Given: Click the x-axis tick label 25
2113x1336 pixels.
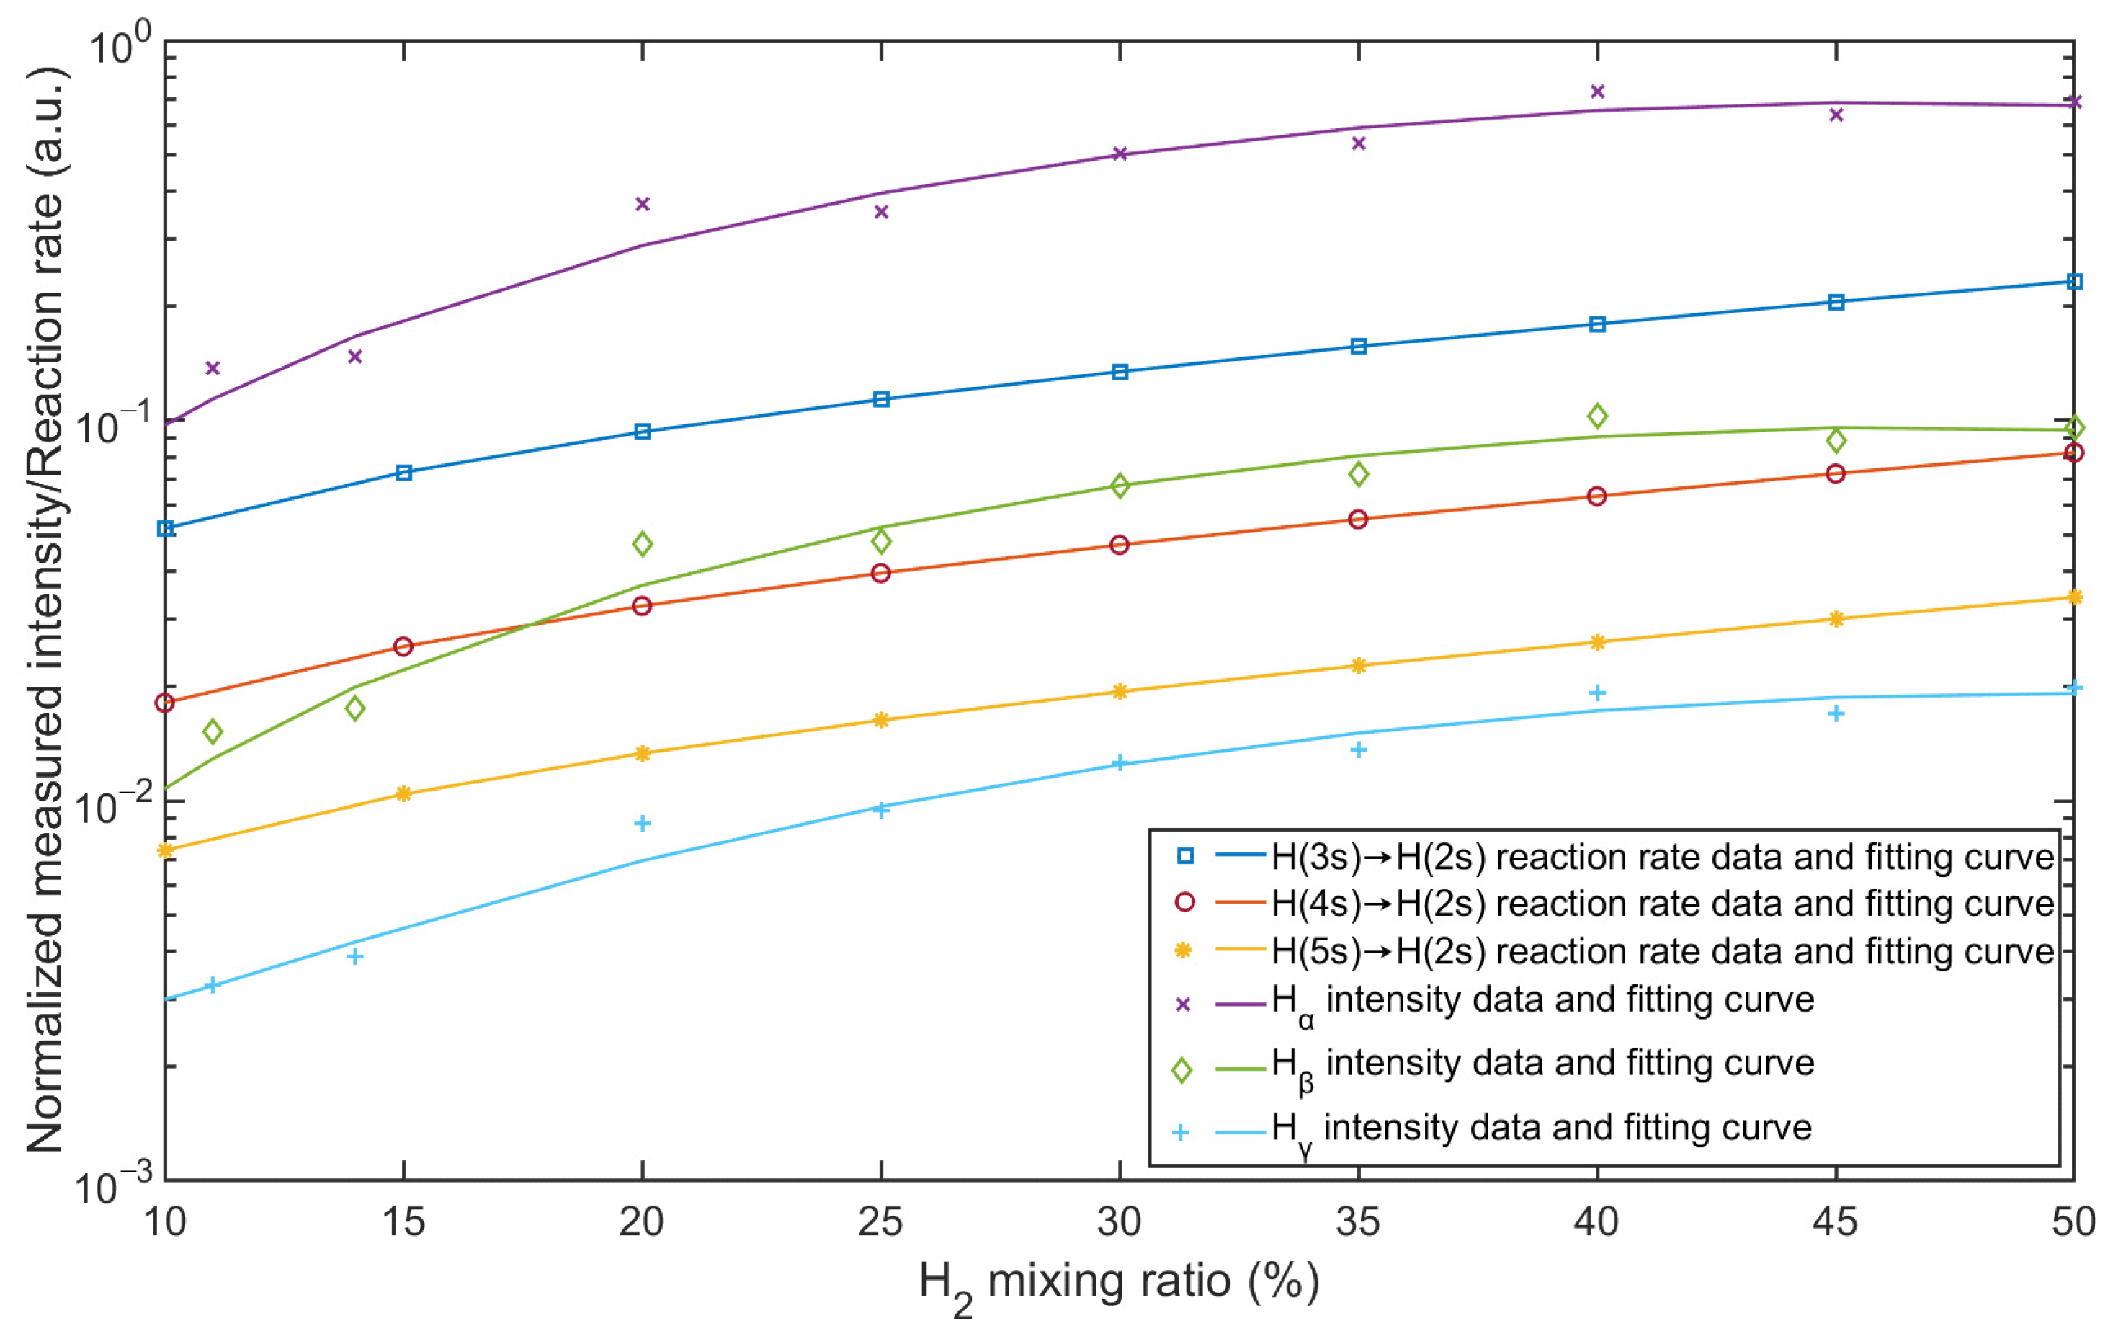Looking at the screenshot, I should pyautogui.click(x=880, y=1222).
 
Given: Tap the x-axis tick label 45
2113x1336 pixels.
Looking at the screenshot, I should pyautogui.click(x=1835, y=1222).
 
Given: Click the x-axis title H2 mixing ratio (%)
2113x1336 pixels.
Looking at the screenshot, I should pyautogui.click(x=1119, y=1283).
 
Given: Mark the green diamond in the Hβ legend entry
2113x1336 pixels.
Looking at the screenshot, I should pyautogui.click(x=1182, y=1071).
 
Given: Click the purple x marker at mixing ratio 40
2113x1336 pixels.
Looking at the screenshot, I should pyautogui.click(x=1597, y=92).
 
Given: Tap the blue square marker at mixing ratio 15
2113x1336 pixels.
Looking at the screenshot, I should pyautogui.click(x=403, y=473).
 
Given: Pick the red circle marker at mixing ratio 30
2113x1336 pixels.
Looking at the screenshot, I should pyautogui.click(x=1119, y=545).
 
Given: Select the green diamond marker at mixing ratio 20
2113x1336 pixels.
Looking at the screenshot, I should pyautogui.click(x=643, y=544).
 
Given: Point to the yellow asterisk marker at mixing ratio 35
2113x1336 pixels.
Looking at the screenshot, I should pyautogui.click(x=1359, y=665).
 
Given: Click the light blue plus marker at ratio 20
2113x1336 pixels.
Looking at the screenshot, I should pyautogui.click(x=643, y=822).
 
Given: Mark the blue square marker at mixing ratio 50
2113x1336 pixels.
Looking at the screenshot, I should pyautogui.click(x=2074, y=282).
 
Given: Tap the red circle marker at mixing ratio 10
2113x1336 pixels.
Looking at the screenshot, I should pyautogui.click(x=165, y=703).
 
